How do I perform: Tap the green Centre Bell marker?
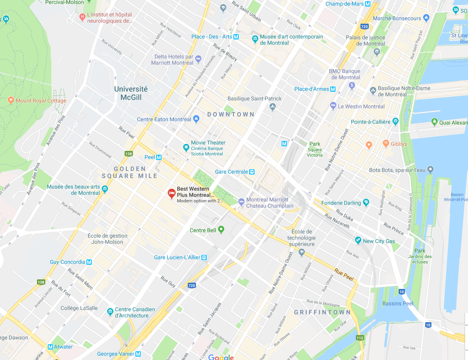point(221,229)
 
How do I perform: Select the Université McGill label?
point(131,93)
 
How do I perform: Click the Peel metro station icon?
point(159,157)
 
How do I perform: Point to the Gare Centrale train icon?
point(251,172)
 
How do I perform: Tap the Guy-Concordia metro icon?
point(89,262)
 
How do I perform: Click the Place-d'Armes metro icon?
point(333,89)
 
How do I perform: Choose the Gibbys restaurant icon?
point(386,144)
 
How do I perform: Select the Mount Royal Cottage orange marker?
point(11,101)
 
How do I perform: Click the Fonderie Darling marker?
point(366,202)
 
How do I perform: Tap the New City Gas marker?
point(358,241)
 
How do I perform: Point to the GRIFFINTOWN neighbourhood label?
point(322,312)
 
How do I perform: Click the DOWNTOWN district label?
point(230,114)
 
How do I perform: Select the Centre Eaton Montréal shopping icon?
point(196,119)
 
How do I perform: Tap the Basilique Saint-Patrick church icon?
point(272,107)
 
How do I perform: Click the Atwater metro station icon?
point(51,347)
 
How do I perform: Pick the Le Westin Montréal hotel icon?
point(333,106)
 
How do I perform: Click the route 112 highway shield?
point(360,338)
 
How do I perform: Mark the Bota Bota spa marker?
point(430,170)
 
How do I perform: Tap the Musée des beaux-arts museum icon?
point(105,190)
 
